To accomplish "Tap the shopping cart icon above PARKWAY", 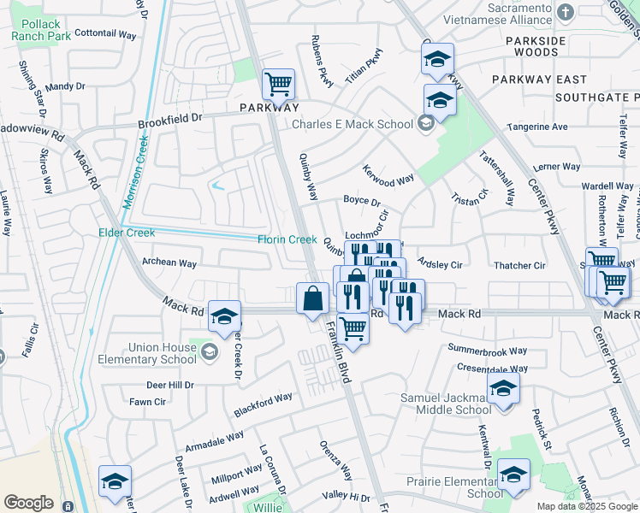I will click(x=278, y=85).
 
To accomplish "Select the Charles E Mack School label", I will click(x=353, y=124).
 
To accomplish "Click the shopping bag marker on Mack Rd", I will click(x=313, y=299).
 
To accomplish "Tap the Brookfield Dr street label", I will click(x=171, y=121).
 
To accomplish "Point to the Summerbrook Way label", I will click(x=488, y=350).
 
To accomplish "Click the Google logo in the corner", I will click(x=28, y=503).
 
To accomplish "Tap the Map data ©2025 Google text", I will click(x=587, y=506).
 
